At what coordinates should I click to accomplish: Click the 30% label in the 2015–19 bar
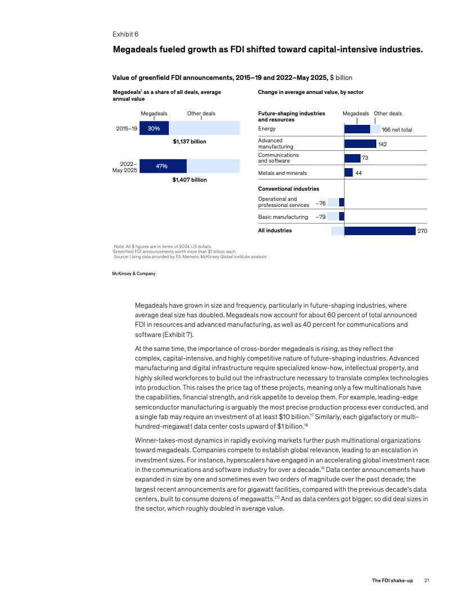click(x=154, y=129)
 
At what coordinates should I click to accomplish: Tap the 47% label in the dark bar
click(x=161, y=166)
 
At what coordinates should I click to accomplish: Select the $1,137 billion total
click(x=190, y=142)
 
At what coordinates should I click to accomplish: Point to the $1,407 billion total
click(x=190, y=180)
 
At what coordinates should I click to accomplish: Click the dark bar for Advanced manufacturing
click(x=360, y=144)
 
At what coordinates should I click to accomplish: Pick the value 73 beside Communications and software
click(x=364, y=158)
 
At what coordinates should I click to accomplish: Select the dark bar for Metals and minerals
click(x=349, y=173)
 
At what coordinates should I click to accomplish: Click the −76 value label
click(x=321, y=203)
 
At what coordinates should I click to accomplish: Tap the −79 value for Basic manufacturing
click(x=321, y=217)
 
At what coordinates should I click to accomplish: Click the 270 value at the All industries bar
click(x=423, y=231)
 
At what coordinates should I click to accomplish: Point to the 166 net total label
click(x=397, y=130)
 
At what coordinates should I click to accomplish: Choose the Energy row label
click(x=267, y=129)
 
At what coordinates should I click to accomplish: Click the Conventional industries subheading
click(x=289, y=189)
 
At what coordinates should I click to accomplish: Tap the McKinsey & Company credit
click(x=134, y=273)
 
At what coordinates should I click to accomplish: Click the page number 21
click(x=427, y=580)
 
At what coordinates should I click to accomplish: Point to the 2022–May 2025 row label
click(x=125, y=166)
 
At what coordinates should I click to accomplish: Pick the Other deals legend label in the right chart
click(x=388, y=114)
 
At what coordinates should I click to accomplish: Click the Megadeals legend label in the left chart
click(x=154, y=114)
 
